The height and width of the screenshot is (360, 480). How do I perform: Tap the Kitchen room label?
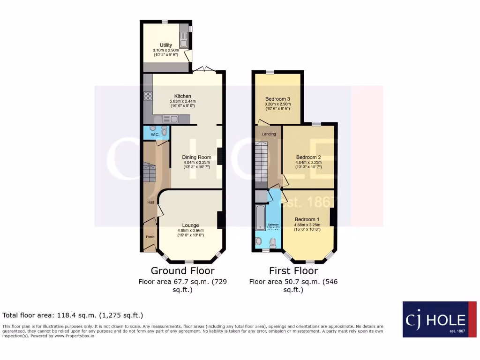pos(183,96)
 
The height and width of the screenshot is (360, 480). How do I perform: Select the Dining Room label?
pos(197,157)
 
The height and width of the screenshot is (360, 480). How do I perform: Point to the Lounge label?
pos(190,225)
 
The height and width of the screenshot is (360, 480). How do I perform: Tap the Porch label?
pos(150,237)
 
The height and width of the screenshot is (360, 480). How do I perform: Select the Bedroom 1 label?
pos(307,219)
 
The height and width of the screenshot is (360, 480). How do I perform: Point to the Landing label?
pos(269,134)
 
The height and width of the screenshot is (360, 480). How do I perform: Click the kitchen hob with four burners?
pos(149,97)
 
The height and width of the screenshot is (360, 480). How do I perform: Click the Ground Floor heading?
pos(182,271)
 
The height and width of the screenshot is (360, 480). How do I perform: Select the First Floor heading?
pos(293,271)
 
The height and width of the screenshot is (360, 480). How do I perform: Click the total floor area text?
pos(73,315)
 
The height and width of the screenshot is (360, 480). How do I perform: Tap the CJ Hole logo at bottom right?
pos(439,319)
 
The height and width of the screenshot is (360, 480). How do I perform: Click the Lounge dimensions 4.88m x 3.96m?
pos(190,231)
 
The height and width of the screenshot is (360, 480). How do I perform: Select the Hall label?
pos(151,202)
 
